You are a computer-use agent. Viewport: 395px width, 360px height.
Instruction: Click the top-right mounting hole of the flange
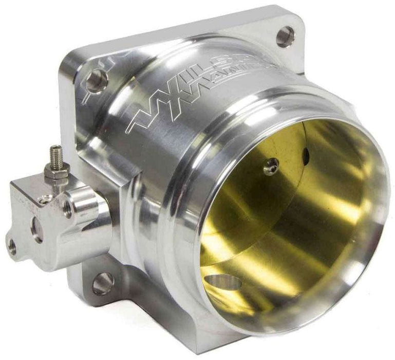point(285,37)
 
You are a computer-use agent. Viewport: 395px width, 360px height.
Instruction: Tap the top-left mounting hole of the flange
point(96,80)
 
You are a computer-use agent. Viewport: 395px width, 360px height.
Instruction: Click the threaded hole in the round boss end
point(67,206)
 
